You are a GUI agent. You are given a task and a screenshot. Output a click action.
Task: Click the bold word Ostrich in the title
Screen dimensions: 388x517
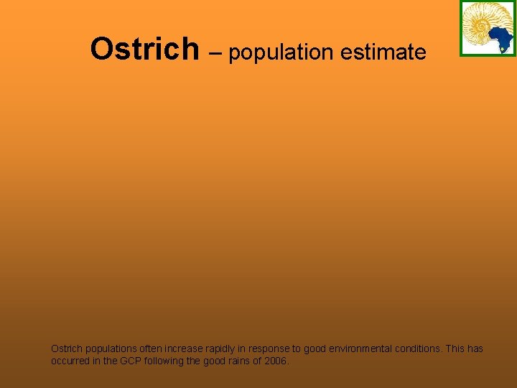tap(144, 50)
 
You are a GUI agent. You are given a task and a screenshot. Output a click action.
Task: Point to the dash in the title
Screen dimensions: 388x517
tap(214, 52)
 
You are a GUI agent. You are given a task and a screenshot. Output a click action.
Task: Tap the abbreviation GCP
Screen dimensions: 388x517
tap(131, 361)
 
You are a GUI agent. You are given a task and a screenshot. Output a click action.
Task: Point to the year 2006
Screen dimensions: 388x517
tap(276, 361)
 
